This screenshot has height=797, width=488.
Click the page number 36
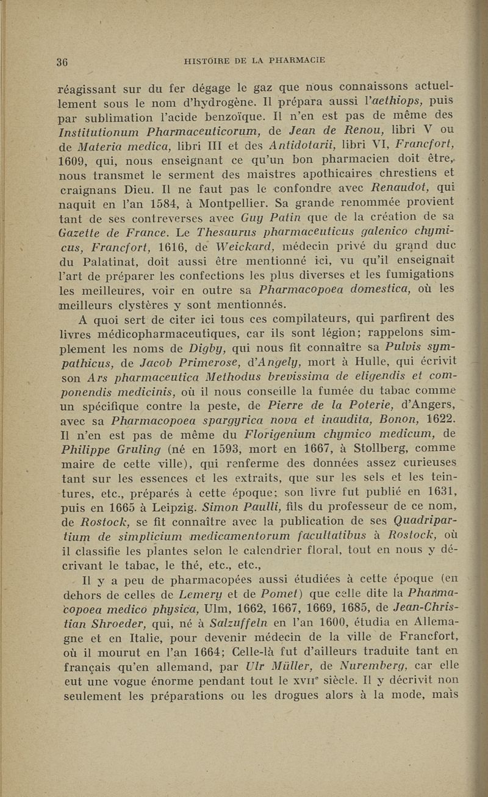(61, 60)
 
